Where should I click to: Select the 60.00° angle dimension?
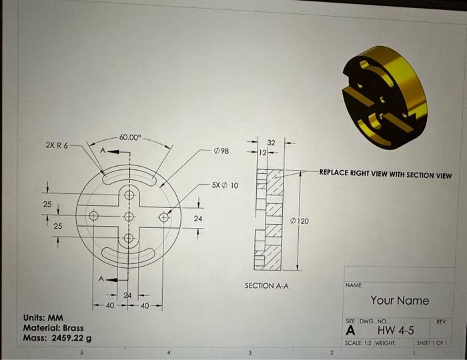click(x=130, y=137)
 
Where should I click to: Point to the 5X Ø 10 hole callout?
click(x=225, y=185)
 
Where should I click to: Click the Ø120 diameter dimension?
click(x=300, y=220)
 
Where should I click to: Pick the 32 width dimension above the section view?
click(x=271, y=143)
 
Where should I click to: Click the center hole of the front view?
click(x=129, y=216)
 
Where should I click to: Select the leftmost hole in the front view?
click(x=94, y=215)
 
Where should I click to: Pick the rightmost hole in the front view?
click(x=163, y=216)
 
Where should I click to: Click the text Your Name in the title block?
click(x=400, y=301)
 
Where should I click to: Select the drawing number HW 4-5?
click(x=396, y=331)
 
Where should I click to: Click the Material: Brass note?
click(x=53, y=328)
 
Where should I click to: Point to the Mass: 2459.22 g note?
click(x=57, y=338)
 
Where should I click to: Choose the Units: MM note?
click(x=43, y=318)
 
